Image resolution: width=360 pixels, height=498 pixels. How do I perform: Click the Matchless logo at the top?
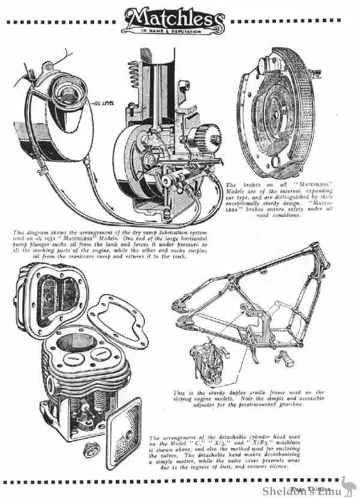179,17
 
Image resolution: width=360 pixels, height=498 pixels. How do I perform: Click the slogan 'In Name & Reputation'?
179,29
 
